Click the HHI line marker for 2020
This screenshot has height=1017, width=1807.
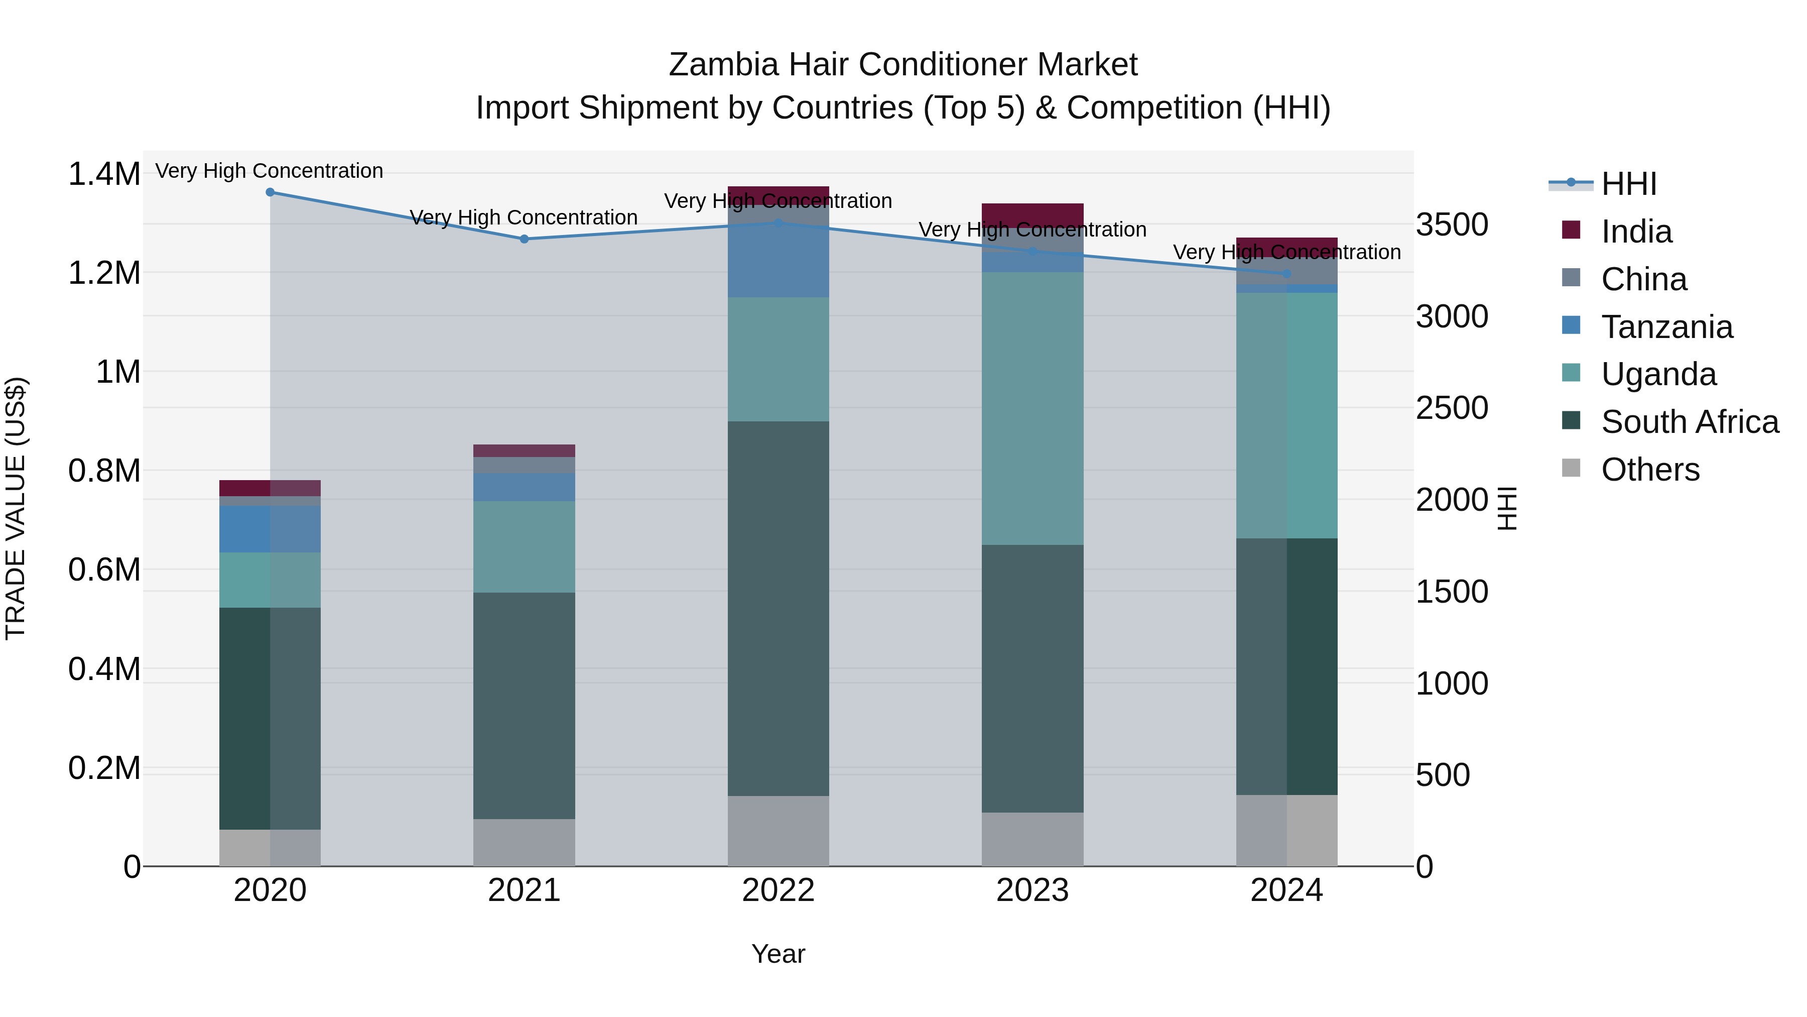pos(270,192)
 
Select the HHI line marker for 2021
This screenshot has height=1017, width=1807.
pos(524,240)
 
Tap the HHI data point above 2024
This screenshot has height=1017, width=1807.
pos(1286,274)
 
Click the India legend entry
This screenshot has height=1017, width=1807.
pos(1636,232)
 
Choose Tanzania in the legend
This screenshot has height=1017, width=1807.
pos(1666,327)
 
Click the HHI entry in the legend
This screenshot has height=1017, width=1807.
pos(1628,184)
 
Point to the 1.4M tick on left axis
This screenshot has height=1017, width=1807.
pos(104,174)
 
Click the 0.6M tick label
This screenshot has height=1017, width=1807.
pos(104,570)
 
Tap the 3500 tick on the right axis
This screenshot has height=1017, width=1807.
pos(1451,225)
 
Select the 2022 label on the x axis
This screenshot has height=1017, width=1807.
pos(778,890)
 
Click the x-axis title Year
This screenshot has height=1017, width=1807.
pos(778,954)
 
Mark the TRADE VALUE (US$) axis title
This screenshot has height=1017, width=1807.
pos(16,508)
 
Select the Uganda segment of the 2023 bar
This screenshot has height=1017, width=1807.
pos(1032,408)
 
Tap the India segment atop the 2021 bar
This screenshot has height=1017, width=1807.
pos(524,450)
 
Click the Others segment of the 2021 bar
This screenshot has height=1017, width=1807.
pos(524,842)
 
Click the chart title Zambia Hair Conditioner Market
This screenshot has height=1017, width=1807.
pos(903,65)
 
